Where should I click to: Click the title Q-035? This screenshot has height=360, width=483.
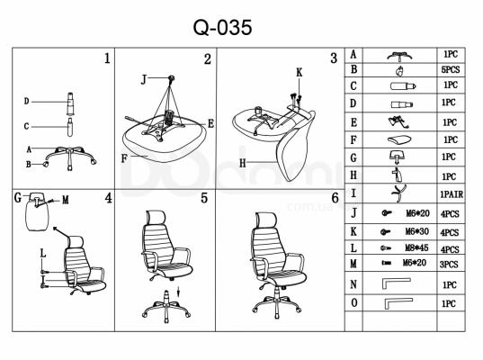pos(222,27)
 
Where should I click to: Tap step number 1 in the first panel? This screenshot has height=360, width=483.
pos(107,58)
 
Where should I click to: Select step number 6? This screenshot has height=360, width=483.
pos(335,198)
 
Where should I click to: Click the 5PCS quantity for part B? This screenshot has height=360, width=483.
pos(451,70)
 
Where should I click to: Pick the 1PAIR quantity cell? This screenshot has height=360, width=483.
pos(452,194)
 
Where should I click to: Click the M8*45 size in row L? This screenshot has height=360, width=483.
pos(416,247)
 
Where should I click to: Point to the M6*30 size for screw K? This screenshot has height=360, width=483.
pos(416,231)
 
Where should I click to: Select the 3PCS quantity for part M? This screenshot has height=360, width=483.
pos(449,264)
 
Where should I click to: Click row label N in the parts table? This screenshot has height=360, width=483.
pos(353,284)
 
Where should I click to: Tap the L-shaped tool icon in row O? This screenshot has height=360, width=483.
pos(398,303)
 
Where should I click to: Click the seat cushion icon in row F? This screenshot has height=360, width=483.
pos(399,139)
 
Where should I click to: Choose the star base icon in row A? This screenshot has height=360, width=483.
pos(400,56)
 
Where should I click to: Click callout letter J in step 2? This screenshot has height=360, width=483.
pos(144,80)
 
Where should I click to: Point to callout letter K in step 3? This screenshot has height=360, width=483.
pos(300,73)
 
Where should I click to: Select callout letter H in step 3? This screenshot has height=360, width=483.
pos(243,163)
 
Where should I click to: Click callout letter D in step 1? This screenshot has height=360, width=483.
pos(26,101)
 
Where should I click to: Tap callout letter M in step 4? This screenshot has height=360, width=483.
pos(66,200)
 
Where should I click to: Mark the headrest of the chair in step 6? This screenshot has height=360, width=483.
pos(264,220)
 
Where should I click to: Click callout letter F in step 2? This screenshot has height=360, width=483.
pos(124,158)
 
